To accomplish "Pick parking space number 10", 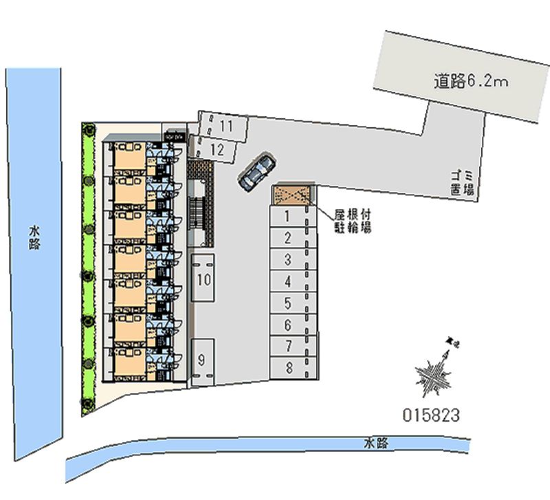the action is (x=203, y=279).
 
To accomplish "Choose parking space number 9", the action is (x=202, y=360).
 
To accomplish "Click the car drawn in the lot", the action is (x=257, y=171).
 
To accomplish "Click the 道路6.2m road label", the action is (x=470, y=82).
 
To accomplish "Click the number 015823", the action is (x=430, y=415).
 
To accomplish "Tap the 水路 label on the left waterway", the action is (x=34, y=238).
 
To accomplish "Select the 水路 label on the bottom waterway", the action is (x=376, y=444).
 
